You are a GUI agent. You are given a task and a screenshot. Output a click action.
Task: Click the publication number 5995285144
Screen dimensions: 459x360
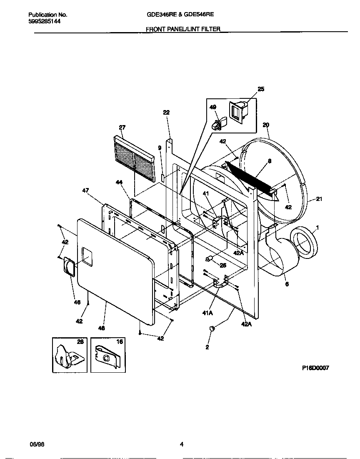click(x=45, y=21)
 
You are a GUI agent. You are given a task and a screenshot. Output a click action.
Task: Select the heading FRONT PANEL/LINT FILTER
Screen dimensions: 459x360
click(x=183, y=29)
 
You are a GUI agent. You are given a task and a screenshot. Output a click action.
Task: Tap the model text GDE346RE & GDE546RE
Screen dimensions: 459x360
click(x=180, y=14)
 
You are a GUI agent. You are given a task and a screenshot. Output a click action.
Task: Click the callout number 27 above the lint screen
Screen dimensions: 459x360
click(x=122, y=127)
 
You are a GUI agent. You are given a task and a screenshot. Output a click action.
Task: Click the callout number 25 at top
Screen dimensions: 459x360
click(x=261, y=89)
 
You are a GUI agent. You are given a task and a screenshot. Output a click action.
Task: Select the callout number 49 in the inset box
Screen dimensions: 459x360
click(x=213, y=107)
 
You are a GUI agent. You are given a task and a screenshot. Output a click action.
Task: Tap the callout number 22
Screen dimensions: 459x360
click(x=166, y=113)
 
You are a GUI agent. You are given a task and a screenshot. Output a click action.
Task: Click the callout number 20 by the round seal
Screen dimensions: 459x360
click(x=266, y=125)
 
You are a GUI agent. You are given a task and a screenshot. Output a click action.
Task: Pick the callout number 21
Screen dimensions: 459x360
click(x=319, y=199)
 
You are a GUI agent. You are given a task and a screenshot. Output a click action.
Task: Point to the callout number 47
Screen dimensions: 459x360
click(x=85, y=190)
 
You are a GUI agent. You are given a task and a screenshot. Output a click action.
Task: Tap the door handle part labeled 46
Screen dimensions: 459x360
click(x=69, y=267)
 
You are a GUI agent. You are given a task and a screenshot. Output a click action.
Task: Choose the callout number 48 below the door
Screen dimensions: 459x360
click(x=101, y=328)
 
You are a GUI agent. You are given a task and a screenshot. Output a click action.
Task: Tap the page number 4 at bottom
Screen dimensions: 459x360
click(x=181, y=444)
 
